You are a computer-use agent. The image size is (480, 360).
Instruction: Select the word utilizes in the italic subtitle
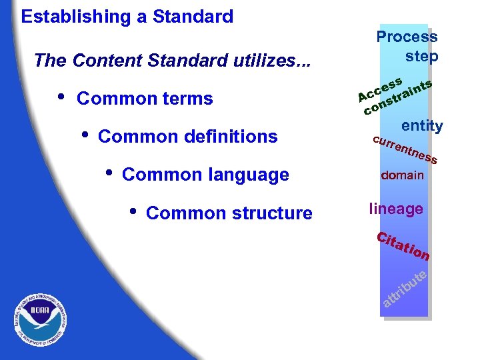273,61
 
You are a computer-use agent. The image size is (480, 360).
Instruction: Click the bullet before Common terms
61,97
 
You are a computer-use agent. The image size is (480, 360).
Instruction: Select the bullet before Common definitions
84,134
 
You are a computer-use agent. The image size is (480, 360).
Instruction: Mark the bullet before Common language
109,172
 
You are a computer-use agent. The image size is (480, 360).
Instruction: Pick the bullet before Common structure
133,210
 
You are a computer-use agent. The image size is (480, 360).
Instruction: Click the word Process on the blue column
407,37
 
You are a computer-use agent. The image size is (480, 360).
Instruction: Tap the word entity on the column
421,126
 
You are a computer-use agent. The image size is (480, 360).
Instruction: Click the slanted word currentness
405,150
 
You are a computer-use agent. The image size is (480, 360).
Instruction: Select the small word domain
402,176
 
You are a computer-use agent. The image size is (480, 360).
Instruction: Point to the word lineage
395,209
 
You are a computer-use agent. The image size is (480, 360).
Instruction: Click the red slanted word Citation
403,246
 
